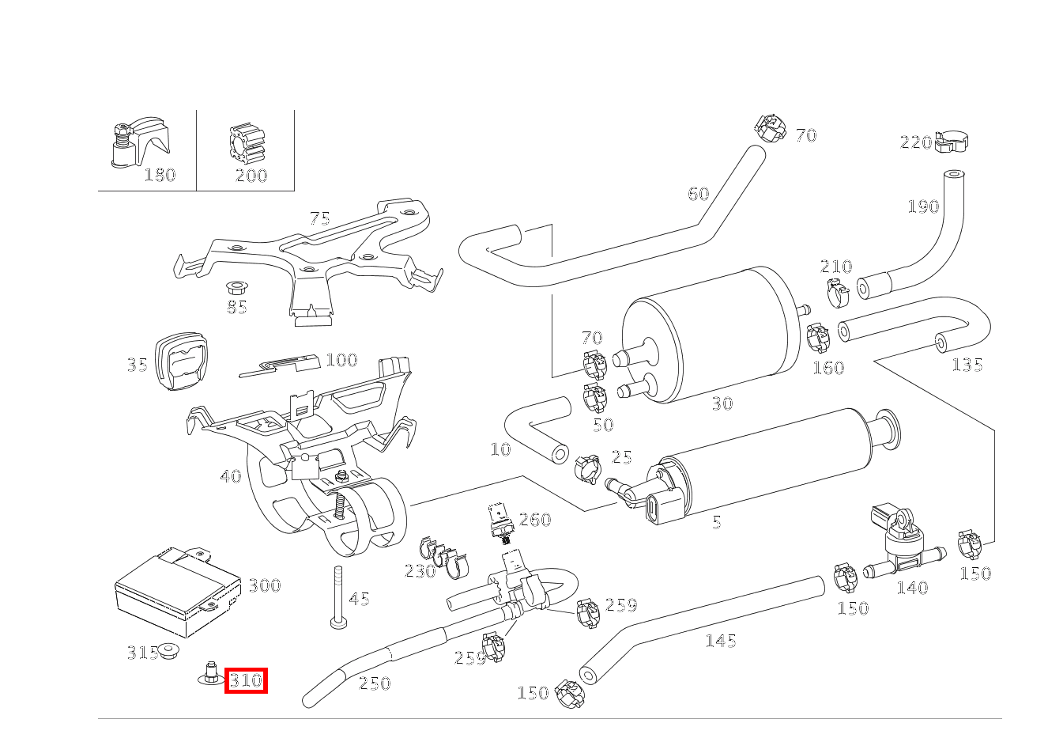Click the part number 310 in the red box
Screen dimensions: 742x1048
[246, 680]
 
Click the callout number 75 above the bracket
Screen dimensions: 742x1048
[319, 218]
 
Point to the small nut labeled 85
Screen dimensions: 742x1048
[236, 286]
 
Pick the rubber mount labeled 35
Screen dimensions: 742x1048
[182, 361]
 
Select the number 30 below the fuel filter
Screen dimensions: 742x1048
[722, 403]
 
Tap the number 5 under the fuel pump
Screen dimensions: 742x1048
[716, 522]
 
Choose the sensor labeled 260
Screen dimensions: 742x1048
[501, 523]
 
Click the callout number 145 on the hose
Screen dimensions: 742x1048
[720, 641]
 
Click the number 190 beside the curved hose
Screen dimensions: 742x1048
[922, 206]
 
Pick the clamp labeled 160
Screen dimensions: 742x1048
[817, 338]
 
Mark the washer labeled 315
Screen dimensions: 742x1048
[168, 651]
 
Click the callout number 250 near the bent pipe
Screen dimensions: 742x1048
[374, 683]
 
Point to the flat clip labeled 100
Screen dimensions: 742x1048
[281, 365]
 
